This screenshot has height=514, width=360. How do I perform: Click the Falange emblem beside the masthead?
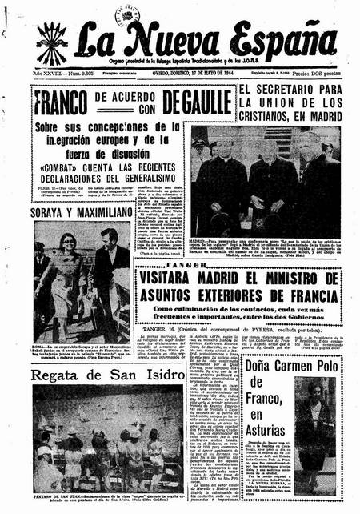coord(52,42)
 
